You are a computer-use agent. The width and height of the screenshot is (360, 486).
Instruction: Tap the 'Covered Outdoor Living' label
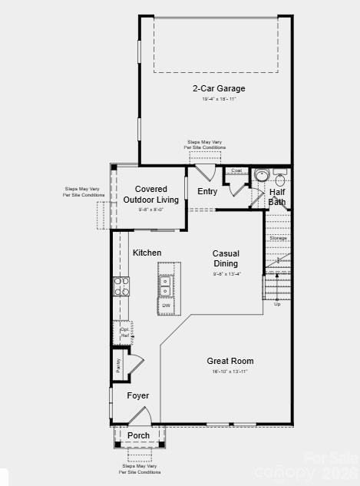(151, 194)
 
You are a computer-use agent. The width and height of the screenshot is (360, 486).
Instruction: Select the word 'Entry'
(207, 192)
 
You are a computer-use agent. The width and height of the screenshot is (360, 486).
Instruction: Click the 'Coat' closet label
(236, 170)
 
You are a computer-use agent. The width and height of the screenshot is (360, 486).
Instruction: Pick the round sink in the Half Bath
(261, 176)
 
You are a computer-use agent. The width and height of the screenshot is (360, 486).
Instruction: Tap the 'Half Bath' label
(277, 197)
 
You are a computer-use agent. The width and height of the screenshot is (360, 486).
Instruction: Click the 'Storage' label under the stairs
(278, 238)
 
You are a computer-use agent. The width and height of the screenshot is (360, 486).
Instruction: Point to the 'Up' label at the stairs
(277, 304)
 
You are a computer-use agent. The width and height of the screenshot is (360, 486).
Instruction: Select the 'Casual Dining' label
(226, 259)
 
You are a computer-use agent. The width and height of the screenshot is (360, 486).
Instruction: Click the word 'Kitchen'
(147, 253)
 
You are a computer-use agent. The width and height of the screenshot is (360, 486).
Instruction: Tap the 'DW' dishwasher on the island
(167, 306)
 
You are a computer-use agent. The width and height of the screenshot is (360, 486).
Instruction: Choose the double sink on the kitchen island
(166, 286)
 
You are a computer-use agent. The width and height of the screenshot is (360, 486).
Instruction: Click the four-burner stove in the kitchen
(122, 286)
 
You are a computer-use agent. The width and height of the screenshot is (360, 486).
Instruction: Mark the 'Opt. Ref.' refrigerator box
(124, 332)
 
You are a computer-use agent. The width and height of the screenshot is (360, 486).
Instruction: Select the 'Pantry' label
(119, 365)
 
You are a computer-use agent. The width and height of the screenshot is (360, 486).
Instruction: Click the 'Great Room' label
(230, 361)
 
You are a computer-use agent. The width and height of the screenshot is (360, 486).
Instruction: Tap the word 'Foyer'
(138, 395)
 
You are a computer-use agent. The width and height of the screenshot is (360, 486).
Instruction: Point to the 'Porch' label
(139, 435)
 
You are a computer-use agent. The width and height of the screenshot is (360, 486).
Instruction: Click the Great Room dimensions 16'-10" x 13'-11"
(230, 372)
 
